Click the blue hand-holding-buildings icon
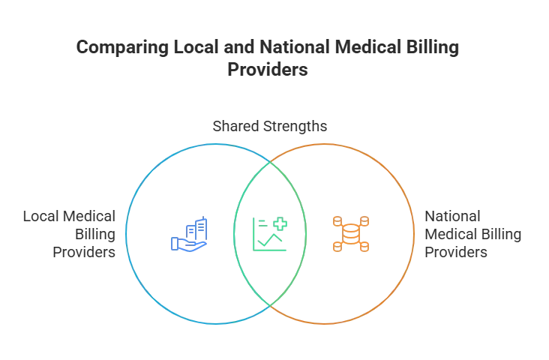click(x=190, y=235)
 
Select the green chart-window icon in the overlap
click(x=270, y=233)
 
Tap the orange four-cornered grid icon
click(x=350, y=233)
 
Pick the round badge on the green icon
click(x=280, y=222)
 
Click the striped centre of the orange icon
click(x=350, y=233)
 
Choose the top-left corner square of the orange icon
click(x=336, y=220)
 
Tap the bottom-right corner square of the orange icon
click(x=364, y=247)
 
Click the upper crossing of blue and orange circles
click(x=270, y=158)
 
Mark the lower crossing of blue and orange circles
click(x=270, y=307)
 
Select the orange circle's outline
click(x=414, y=233)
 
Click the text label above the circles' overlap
click(x=269, y=125)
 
